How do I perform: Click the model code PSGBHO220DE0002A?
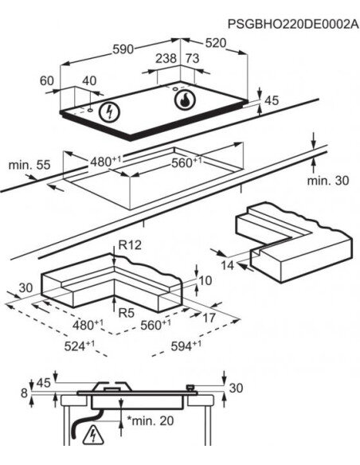293,24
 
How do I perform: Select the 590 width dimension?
123,49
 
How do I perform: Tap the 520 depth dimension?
216,43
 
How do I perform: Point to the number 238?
166,58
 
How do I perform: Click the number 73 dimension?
193,58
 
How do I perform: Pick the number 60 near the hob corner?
47,80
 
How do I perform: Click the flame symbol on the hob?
185,100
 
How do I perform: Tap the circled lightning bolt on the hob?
110,112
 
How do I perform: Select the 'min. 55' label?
29,165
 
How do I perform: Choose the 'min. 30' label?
328,180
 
